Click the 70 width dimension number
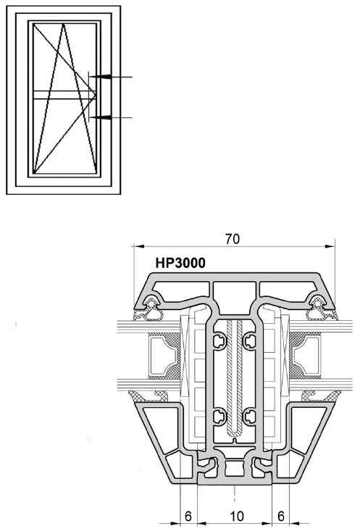click(233, 239)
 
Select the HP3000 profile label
click(180, 263)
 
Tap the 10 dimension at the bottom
click(237, 517)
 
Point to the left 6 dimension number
click(188, 517)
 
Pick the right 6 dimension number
click(281, 517)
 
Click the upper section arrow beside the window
click(110, 77)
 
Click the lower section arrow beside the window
click(110, 117)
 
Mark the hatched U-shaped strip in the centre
click(235, 377)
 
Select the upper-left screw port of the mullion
click(219, 340)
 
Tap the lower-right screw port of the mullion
click(249, 417)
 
